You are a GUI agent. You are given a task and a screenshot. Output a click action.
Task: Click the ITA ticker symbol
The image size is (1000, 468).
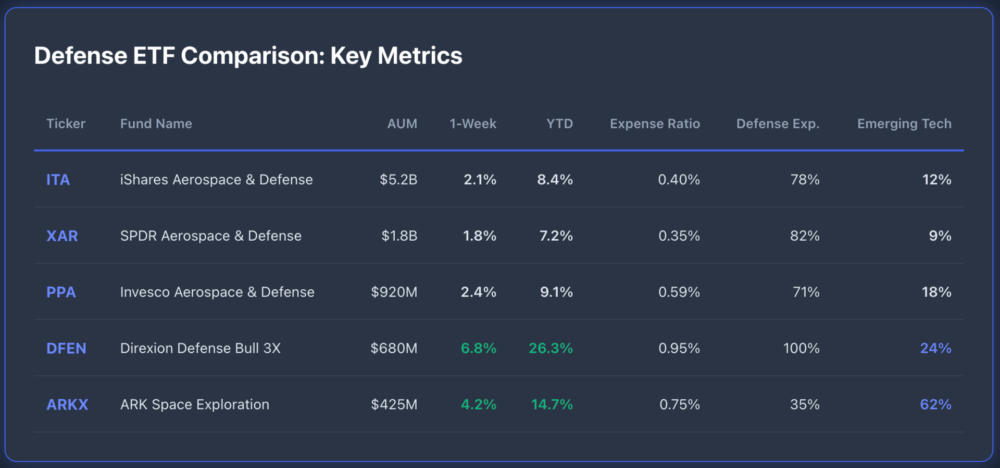click(58, 180)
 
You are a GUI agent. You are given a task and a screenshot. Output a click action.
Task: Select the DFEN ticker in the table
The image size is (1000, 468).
click(66, 348)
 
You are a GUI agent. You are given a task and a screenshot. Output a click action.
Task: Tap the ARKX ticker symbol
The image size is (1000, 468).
click(67, 404)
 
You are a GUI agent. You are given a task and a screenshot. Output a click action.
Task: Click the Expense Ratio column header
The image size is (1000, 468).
click(655, 124)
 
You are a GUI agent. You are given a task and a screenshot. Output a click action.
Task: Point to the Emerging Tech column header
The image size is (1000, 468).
click(904, 124)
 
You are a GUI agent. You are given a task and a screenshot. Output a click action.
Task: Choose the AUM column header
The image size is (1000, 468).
click(402, 124)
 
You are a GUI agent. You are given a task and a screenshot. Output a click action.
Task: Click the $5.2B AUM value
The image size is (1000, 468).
click(398, 180)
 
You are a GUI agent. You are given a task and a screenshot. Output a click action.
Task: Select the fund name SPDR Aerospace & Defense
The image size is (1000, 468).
click(211, 236)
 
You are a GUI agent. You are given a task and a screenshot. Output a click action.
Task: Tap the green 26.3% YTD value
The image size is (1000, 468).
click(551, 348)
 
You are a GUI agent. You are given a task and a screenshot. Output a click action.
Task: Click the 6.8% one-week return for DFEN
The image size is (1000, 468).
click(478, 348)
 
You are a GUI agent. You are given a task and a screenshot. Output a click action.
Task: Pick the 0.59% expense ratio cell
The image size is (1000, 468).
click(679, 292)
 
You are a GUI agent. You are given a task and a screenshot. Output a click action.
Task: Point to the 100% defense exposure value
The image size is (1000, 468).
click(801, 348)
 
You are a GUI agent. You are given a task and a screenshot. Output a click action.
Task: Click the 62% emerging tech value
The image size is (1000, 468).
click(935, 404)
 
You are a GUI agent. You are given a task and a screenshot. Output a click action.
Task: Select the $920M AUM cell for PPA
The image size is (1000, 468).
click(394, 292)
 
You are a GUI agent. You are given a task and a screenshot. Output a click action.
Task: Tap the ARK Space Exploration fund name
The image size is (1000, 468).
click(195, 404)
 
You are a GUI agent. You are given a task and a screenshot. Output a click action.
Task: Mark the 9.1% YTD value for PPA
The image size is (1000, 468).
click(556, 292)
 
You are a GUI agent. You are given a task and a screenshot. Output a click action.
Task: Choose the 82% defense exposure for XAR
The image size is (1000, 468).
click(805, 236)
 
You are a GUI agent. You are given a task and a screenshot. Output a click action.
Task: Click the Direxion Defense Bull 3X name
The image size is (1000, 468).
click(201, 348)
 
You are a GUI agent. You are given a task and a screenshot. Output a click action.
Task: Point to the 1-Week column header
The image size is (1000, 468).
click(473, 124)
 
